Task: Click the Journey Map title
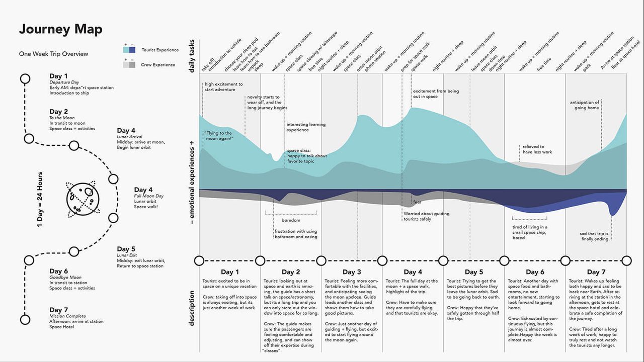60,29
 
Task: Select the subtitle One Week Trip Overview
53,54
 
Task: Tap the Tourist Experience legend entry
160,50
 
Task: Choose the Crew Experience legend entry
158,64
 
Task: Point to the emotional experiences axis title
192,182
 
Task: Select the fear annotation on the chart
417,202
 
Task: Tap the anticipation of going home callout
584,105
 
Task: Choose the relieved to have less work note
537,149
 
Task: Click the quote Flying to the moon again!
218,135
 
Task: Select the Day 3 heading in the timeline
351,272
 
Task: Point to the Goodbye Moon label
65,277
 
